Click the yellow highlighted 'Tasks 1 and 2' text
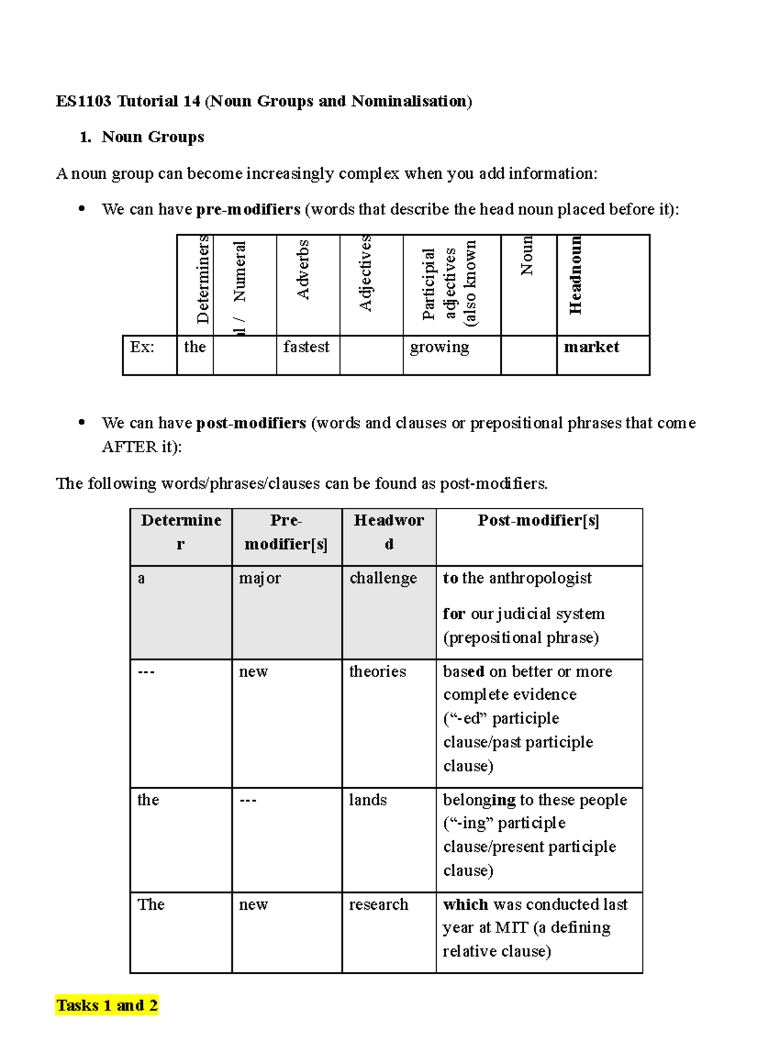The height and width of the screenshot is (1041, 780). pyautogui.click(x=107, y=1005)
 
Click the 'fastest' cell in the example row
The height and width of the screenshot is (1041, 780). pyautogui.click(x=306, y=347)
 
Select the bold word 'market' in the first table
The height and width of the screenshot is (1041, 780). pyautogui.click(x=591, y=347)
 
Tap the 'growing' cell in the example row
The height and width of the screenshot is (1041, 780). pyautogui.click(x=439, y=348)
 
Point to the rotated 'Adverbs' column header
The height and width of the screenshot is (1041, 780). pyautogui.click(x=303, y=270)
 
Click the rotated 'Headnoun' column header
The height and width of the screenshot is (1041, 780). pyautogui.click(x=575, y=276)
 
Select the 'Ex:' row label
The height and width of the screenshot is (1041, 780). pyautogui.click(x=142, y=347)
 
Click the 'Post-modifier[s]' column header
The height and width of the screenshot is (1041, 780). pyautogui.click(x=538, y=520)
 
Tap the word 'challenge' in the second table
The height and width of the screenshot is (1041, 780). pyautogui.click(x=383, y=578)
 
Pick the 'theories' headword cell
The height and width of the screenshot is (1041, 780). pyautogui.click(x=377, y=671)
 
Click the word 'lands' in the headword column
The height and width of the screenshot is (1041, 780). pyautogui.click(x=367, y=800)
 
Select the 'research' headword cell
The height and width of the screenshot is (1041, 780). pyautogui.click(x=378, y=905)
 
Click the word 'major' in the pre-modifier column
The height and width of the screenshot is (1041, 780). pyautogui.click(x=259, y=578)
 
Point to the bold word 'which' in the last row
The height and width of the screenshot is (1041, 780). pyautogui.click(x=465, y=905)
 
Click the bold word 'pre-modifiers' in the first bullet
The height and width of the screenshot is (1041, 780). pyautogui.click(x=248, y=209)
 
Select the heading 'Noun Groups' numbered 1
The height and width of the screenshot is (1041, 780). pyautogui.click(x=153, y=137)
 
